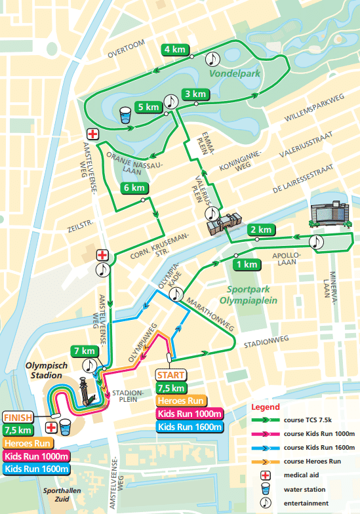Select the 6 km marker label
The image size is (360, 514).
pos(134,188)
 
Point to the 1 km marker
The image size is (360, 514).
pos(247,264)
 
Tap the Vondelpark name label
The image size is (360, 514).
pos(235,73)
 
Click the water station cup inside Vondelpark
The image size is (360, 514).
pos(125,115)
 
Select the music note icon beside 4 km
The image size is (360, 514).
pos(212,59)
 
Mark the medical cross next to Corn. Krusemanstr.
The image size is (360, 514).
pos(102,254)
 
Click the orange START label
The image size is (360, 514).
pos(171,375)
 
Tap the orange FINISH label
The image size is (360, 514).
pos(18,417)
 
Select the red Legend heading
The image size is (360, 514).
pos(264,407)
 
